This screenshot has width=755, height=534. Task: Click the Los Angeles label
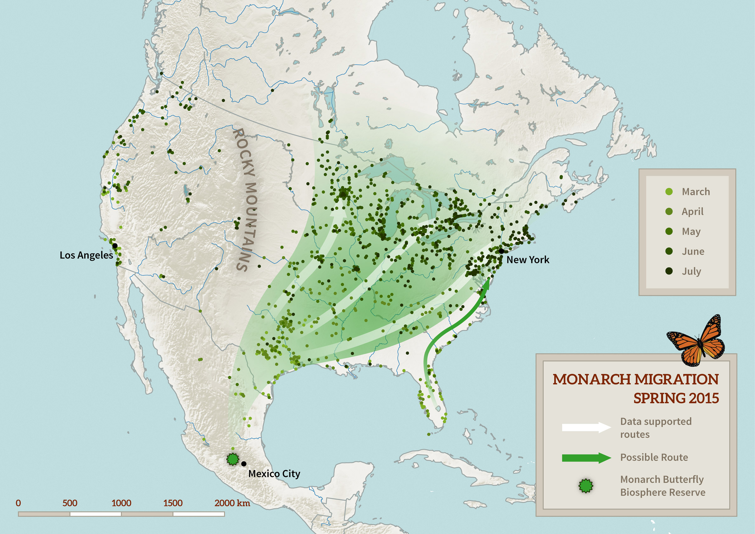point(86,255)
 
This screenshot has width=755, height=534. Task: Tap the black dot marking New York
point(501,251)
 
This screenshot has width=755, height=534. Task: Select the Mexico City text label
point(274,474)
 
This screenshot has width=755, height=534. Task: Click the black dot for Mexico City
point(244,463)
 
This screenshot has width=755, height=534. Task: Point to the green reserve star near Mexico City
point(233,459)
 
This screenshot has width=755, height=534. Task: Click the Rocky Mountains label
point(246,199)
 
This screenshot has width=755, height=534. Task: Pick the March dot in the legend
point(668,191)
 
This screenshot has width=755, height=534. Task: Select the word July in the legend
point(691,271)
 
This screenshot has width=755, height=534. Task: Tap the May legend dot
point(668,231)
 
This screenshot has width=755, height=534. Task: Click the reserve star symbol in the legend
point(586,486)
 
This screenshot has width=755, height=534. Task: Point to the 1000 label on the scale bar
point(121,503)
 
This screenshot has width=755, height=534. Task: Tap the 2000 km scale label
point(232,503)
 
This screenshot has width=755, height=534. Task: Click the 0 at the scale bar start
point(19,503)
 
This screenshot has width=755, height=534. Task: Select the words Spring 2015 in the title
point(676,398)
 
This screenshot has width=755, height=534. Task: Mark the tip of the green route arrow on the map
point(489,279)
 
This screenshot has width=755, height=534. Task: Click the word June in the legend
point(693,251)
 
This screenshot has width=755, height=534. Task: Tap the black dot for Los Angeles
point(115,246)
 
